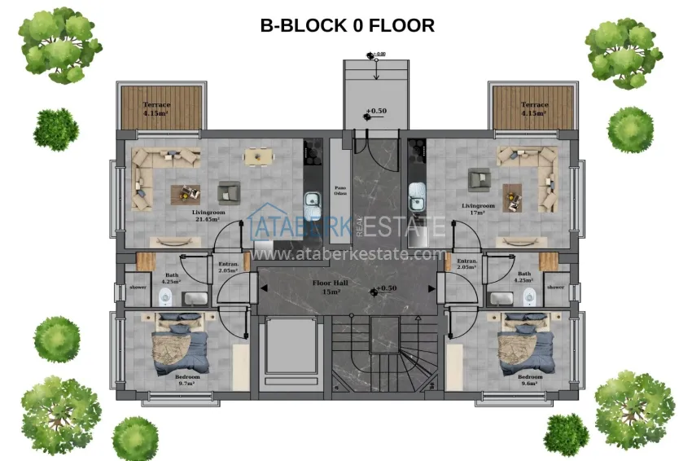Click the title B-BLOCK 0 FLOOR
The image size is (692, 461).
[347, 25]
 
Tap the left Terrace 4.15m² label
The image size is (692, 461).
[157, 108]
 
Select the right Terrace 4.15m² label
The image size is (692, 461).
[534, 108]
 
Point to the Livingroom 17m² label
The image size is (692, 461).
[478, 209]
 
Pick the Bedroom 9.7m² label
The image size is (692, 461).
[187, 380]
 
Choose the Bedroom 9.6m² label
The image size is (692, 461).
[530, 380]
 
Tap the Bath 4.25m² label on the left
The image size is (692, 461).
[172, 279]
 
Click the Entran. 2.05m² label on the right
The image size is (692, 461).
[466, 264]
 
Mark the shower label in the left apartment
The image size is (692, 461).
[138, 287]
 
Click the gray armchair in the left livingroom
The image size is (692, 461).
[228, 192]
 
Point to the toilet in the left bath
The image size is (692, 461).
[165, 296]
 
